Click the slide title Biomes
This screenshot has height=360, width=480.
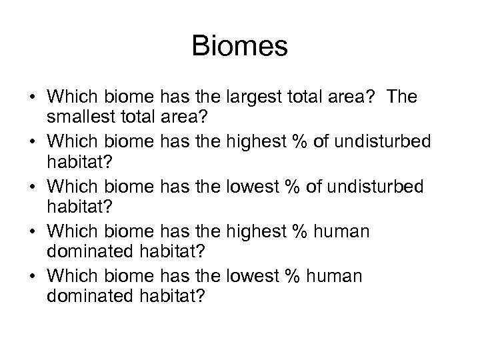(x=239, y=47)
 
